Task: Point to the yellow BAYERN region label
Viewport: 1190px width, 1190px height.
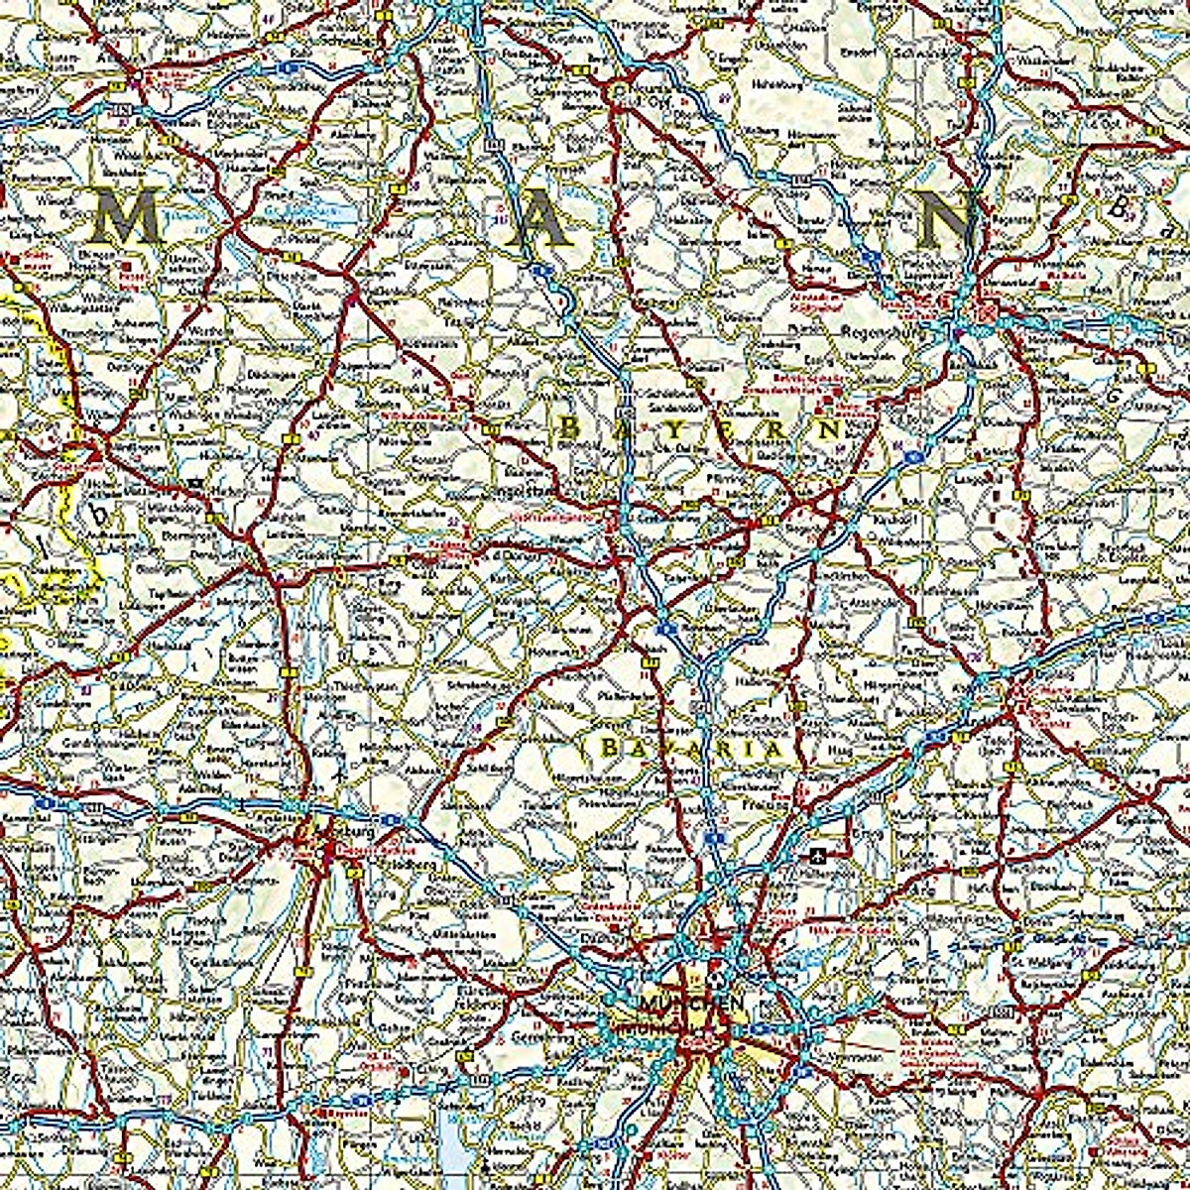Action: pos(699,429)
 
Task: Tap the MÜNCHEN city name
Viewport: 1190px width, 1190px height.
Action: pos(691,1003)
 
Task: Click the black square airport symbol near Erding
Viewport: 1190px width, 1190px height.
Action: pos(818,853)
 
